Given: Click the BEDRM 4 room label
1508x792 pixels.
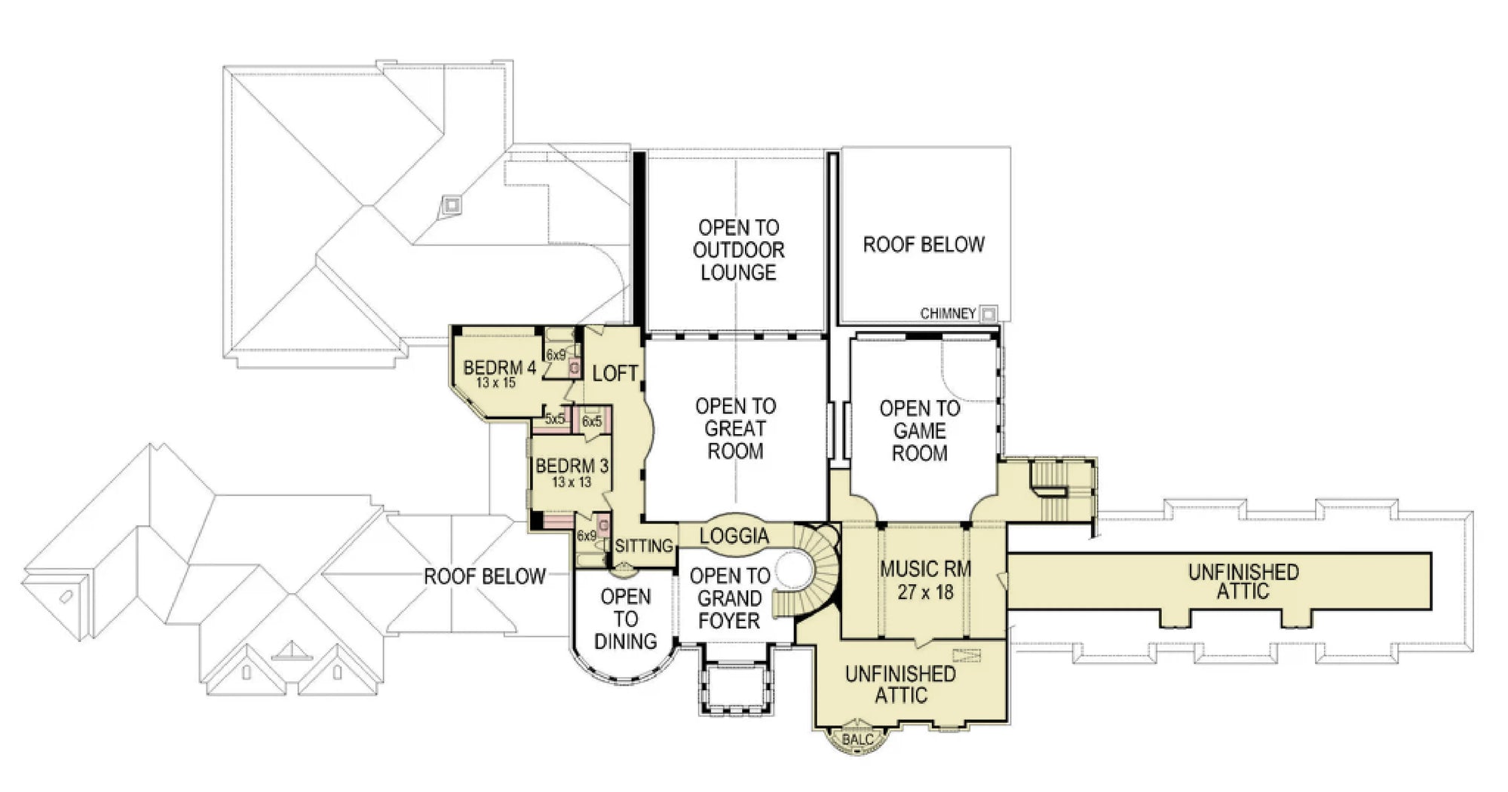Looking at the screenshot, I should coord(499,368).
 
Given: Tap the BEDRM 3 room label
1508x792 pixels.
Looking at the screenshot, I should coord(572,466).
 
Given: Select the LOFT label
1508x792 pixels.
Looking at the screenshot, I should coord(615,373).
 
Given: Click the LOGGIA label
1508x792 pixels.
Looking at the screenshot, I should coord(734,536).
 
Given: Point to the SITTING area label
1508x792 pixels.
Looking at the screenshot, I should coord(643,546).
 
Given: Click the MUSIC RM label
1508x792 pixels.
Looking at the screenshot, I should coord(925,569).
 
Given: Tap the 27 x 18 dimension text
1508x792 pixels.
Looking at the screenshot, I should coord(925,592).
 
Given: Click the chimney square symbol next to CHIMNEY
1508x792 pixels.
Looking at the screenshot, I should coord(988,313).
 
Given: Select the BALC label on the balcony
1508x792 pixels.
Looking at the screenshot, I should coord(857,739).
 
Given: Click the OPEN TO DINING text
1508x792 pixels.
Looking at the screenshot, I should coord(625,619).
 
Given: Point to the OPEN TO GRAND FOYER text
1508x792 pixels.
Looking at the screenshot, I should coord(729,598).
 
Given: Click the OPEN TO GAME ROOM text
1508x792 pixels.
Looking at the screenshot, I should coord(919,431).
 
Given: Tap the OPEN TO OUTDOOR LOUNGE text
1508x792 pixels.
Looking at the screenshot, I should coord(738,250).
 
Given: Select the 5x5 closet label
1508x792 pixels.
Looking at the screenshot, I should coord(555,420).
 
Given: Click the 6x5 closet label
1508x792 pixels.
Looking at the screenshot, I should coord(592,421).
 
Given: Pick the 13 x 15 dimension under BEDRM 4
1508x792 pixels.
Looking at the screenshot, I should coord(495,383).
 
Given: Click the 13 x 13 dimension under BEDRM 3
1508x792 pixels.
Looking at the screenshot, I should coord(571,482).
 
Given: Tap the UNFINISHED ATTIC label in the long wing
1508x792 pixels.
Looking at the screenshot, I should coord(1243,582).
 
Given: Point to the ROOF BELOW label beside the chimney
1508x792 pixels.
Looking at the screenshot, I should coord(923,244).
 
